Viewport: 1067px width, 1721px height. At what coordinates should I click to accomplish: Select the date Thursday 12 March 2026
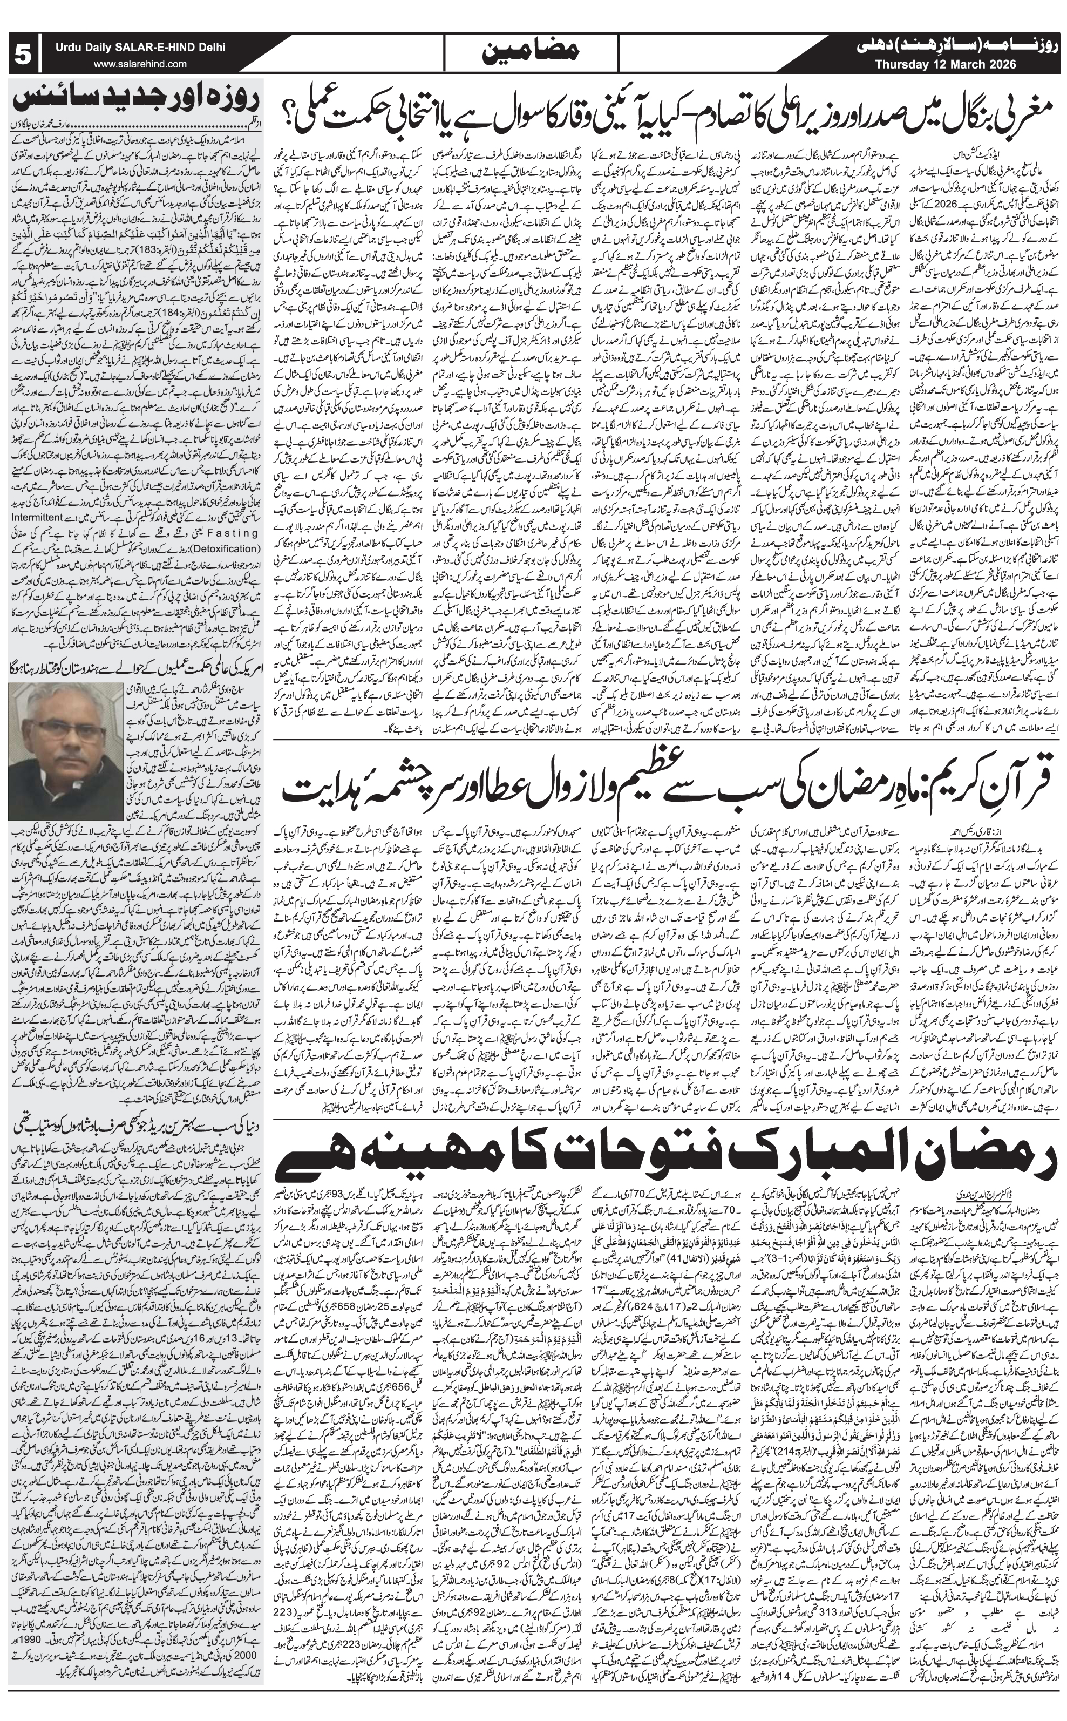point(945,64)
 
